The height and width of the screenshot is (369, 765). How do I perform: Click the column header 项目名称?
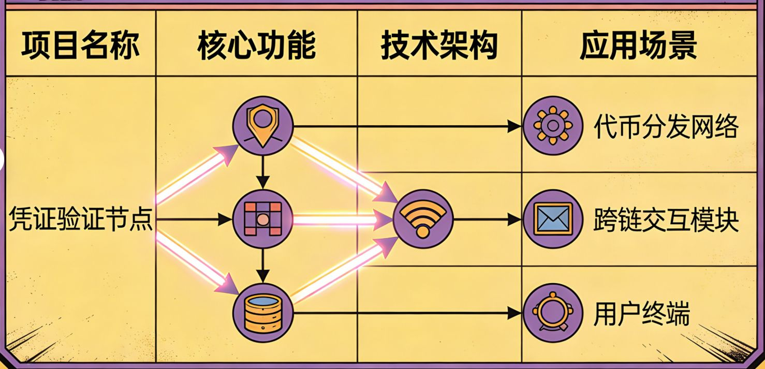(80, 46)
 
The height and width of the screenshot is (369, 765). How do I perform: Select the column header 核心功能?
(256, 46)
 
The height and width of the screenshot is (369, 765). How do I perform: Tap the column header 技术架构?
(439, 46)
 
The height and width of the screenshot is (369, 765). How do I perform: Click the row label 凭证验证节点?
(80, 220)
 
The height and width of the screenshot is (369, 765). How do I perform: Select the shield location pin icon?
(263, 126)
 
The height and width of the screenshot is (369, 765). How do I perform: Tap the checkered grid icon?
(263, 219)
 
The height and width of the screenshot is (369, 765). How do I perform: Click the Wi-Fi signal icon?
(422, 219)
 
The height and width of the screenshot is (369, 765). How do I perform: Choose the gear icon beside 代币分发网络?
(552, 126)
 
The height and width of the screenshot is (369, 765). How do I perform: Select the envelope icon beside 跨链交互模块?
(552, 219)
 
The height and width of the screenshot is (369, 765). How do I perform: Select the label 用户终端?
(641, 313)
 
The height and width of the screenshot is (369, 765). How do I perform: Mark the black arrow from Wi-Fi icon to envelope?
(487, 219)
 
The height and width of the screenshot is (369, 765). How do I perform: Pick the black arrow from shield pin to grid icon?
(263, 172)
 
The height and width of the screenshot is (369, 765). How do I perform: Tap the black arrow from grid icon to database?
(263, 265)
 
